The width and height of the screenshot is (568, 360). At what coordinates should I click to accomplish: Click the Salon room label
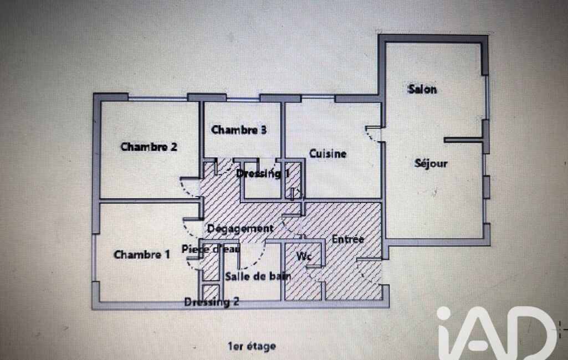[x=422, y=89]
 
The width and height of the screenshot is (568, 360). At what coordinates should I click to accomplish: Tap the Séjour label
[x=431, y=163]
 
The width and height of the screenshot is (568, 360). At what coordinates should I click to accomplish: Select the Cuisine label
[x=328, y=153]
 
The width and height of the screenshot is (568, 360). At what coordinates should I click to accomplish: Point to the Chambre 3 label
[x=239, y=130]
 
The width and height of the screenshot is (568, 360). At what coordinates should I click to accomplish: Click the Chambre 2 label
[x=149, y=147]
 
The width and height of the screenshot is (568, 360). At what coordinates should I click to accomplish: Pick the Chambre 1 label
[x=142, y=255]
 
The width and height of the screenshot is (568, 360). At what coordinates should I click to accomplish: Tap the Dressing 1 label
[x=263, y=173]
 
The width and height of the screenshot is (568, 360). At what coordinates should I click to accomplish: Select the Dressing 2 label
[x=212, y=302]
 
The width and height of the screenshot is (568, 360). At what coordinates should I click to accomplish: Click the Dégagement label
[x=240, y=229]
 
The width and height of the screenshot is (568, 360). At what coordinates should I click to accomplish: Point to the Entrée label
[x=348, y=239]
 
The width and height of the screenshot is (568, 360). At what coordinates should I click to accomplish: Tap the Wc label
[x=304, y=256]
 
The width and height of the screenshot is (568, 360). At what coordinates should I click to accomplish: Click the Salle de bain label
[x=258, y=276]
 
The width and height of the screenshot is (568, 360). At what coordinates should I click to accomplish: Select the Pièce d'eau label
[x=211, y=249]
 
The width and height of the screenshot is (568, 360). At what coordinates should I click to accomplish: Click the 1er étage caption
[x=252, y=346]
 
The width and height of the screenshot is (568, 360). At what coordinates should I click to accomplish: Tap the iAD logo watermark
[x=497, y=333]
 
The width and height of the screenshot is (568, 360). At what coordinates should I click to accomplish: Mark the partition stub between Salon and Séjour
[x=463, y=140]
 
